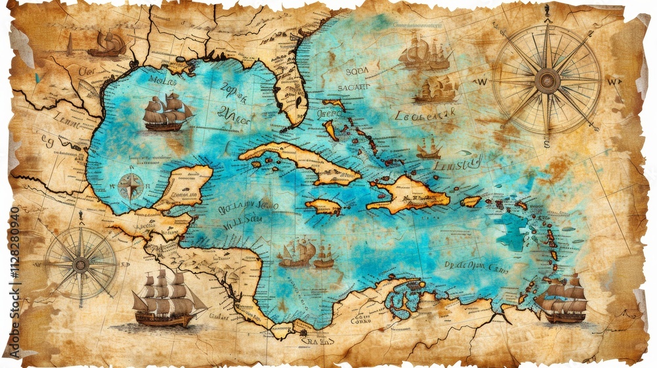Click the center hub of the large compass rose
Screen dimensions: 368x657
click(x=547, y=81)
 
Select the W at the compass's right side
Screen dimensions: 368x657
click(x=613, y=82)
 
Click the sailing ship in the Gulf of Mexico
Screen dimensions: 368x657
click(x=168, y=112)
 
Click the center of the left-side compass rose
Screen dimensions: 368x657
click(x=81, y=264)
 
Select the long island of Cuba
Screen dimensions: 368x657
click(x=299, y=161)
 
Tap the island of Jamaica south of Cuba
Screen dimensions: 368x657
click(x=323, y=208)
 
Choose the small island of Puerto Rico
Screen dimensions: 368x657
click(x=470, y=202)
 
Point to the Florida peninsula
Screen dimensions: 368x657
click(x=289, y=89)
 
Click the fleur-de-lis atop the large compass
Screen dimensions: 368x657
click(x=547, y=9)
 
